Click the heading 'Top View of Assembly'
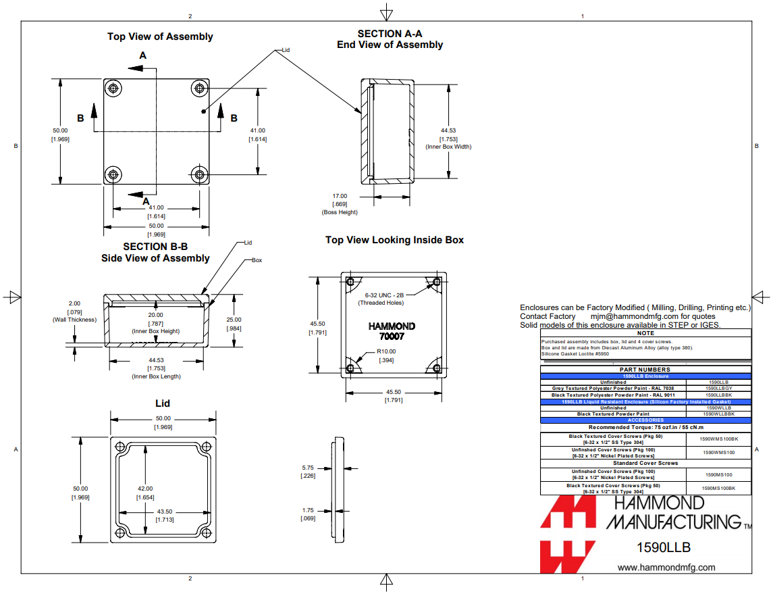[160, 36]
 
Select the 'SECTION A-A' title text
[390, 34]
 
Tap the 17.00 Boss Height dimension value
[339, 196]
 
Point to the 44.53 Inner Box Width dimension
[448, 130]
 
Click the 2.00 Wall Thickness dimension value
[74, 303]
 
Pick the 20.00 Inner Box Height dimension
[155, 315]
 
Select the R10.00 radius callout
[386, 351]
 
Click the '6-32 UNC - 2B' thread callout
[384, 295]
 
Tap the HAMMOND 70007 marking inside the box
[392, 331]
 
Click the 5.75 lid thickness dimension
[307, 468]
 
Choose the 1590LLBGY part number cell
[718, 389]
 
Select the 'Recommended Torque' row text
[645, 427]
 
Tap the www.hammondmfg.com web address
[666, 568]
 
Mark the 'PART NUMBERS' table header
[645, 370]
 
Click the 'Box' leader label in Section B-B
[257, 260]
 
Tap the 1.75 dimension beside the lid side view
[307, 510]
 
